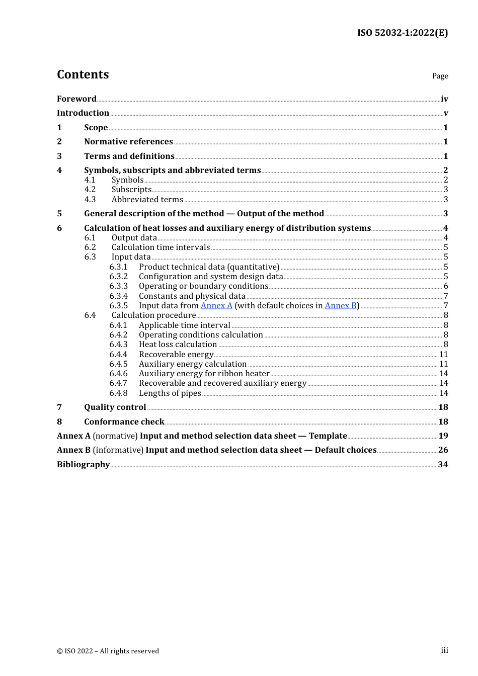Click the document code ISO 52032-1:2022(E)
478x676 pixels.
402,33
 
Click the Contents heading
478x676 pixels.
83,74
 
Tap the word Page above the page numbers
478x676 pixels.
440,76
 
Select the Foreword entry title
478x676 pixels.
76,99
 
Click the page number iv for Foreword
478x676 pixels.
444,99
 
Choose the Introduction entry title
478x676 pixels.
83,113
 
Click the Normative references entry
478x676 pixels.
128,142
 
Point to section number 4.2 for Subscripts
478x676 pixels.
90,190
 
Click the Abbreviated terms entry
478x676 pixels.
147,200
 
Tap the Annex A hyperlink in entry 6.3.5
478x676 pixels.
216,306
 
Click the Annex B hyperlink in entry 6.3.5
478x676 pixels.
341,306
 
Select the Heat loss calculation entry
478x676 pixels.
178,345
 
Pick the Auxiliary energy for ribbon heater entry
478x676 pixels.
204,374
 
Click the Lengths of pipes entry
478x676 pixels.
170,393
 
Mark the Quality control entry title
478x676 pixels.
115,407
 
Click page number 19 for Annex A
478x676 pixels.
443,436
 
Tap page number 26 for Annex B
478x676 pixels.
443,450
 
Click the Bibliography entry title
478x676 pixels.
83,465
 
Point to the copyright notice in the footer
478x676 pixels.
108,651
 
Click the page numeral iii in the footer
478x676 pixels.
444,650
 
